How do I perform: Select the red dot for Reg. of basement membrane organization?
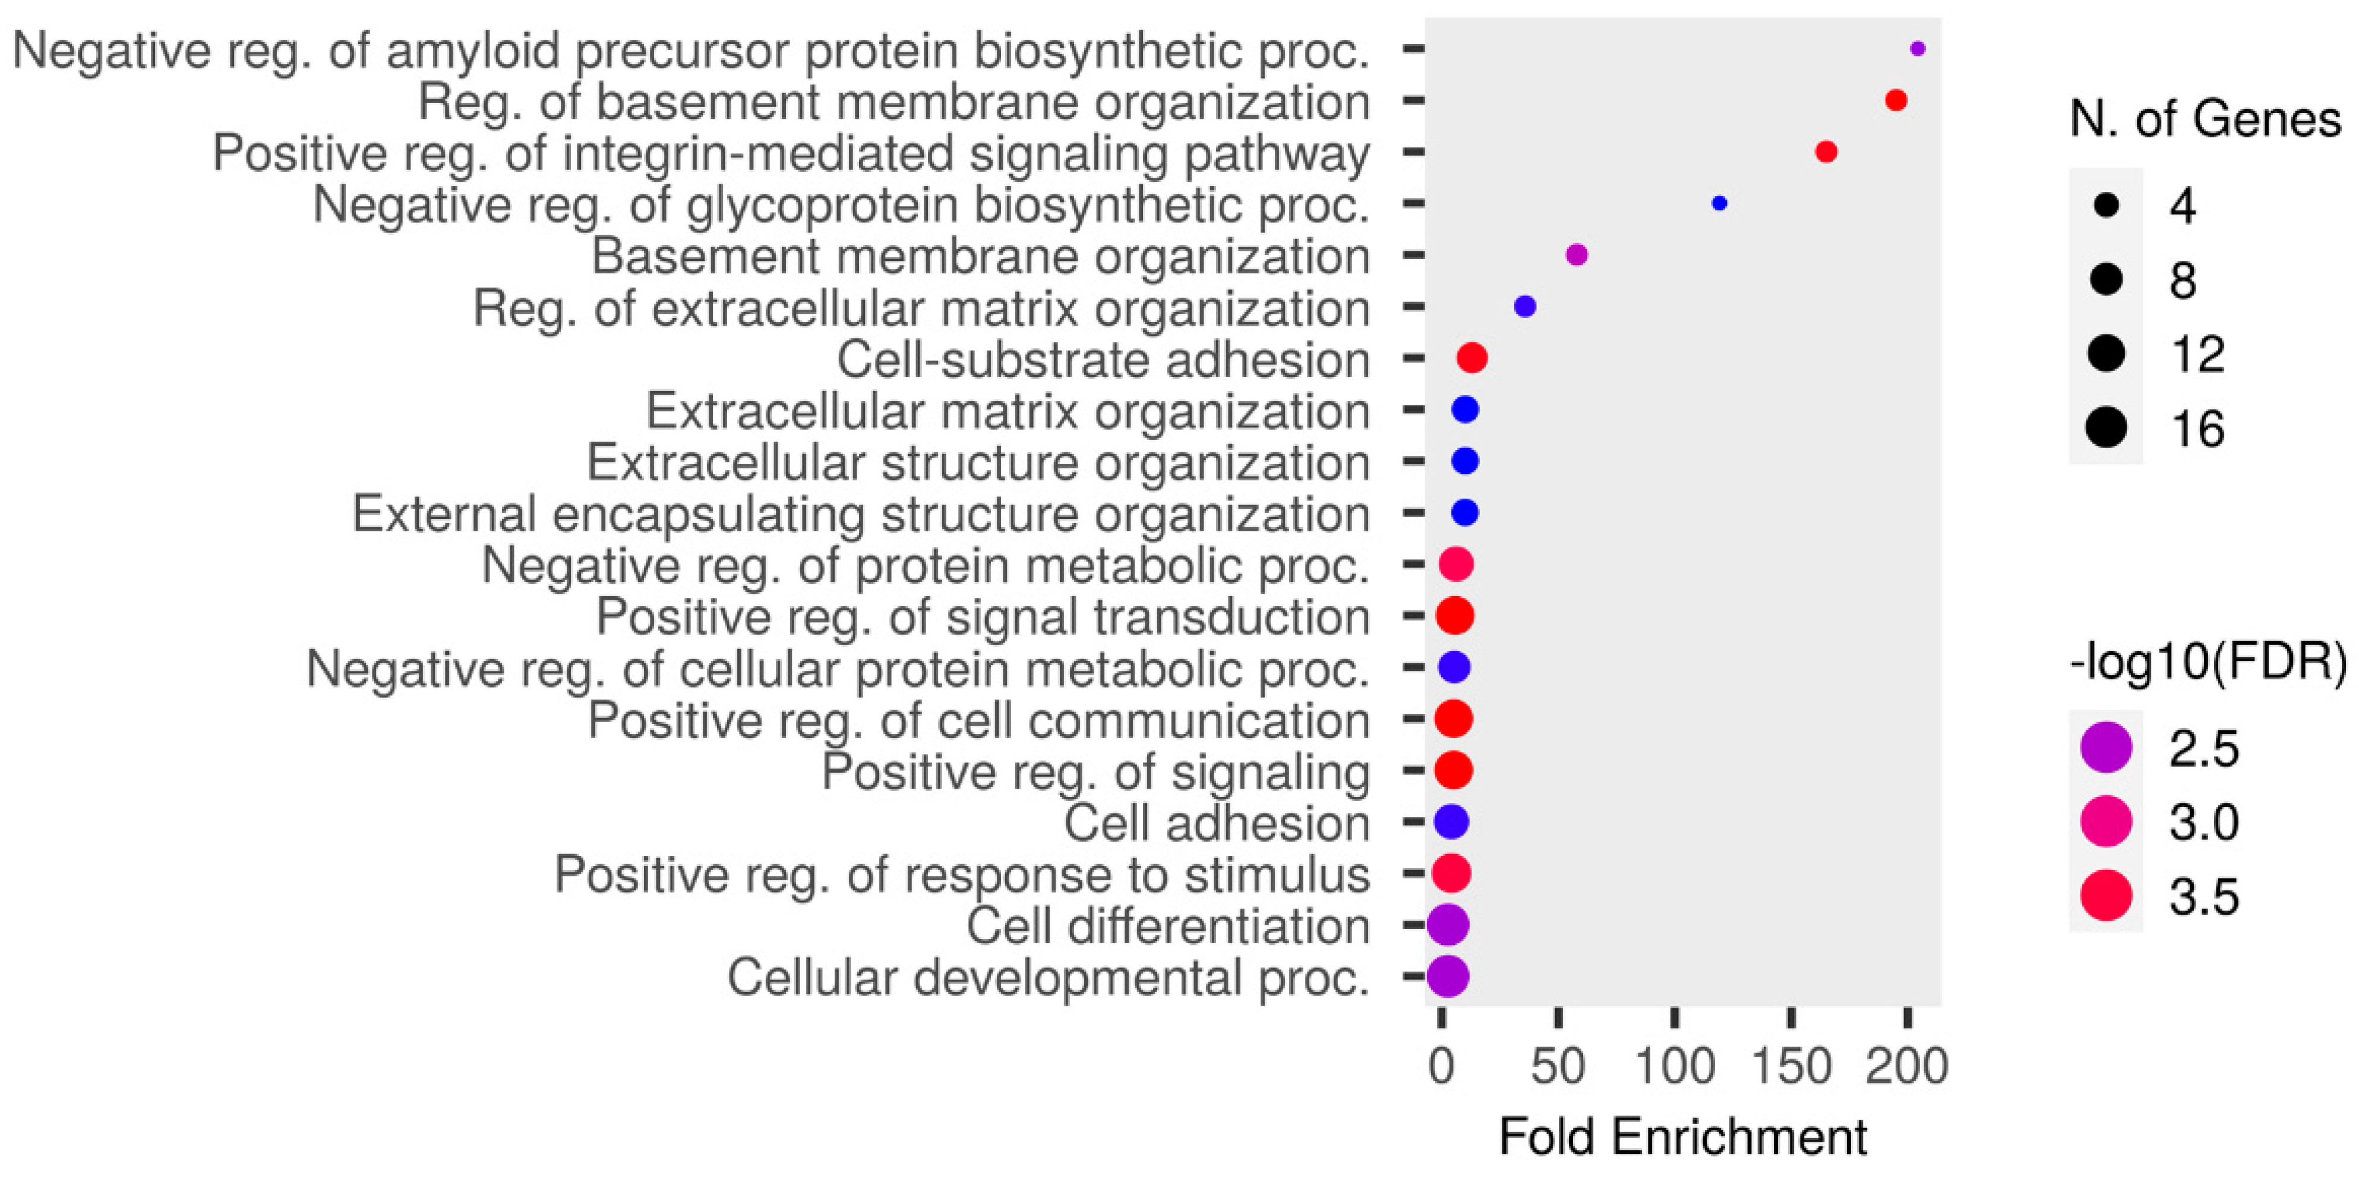(x=1896, y=100)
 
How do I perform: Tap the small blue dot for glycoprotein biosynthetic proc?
(x=1719, y=203)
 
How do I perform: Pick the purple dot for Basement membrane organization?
(x=1576, y=254)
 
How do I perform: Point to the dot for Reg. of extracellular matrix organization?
(x=1525, y=307)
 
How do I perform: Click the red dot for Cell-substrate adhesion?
(x=1471, y=358)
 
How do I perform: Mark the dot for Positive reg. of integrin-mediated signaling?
(x=1825, y=152)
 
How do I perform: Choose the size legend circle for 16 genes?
(x=2107, y=428)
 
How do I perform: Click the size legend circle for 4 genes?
(x=2107, y=204)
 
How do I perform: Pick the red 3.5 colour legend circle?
(x=2107, y=895)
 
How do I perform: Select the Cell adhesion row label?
(x=1216, y=823)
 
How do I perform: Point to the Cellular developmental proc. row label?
(x=1048, y=977)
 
